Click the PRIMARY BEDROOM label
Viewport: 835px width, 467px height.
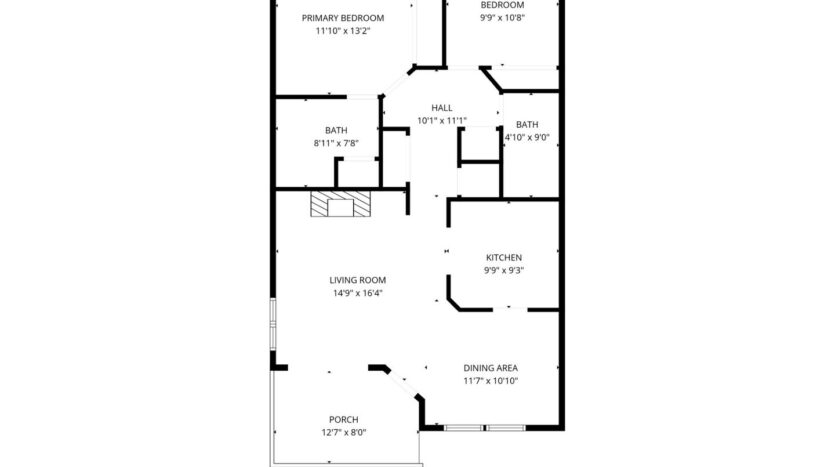pyautogui.click(x=343, y=18)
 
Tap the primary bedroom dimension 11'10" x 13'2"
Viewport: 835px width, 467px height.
pyautogui.click(x=343, y=31)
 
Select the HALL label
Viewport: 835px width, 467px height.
pyautogui.click(x=442, y=108)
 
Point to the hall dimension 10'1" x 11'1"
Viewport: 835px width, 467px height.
pyautogui.click(x=442, y=121)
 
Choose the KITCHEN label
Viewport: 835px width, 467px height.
pyautogui.click(x=504, y=257)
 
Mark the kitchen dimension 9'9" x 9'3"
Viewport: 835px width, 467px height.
pyautogui.click(x=504, y=270)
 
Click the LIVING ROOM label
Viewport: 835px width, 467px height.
pyautogui.click(x=358, y=280)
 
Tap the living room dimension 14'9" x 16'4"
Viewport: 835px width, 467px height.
pyautogui.click(x=358, y=293)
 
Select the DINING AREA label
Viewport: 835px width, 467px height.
pyautogui.click(x=490, y=367)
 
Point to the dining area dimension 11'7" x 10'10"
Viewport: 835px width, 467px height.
pyautogui.click(x=490, y=381)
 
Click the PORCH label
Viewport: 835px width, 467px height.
pyautogui.click(x=344, y=419)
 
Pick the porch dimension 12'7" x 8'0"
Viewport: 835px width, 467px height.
pyautogui.click(x=344, y=432)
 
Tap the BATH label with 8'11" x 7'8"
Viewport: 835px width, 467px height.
pyautogui.click(x=336, y=130)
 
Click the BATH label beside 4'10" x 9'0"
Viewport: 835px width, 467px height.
pyautogui.click(x=527, y=124)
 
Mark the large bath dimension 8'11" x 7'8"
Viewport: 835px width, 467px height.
pyautogui.click(x=336, y=143)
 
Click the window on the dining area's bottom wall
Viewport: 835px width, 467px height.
pyautogui.click(x=484, y=428)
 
